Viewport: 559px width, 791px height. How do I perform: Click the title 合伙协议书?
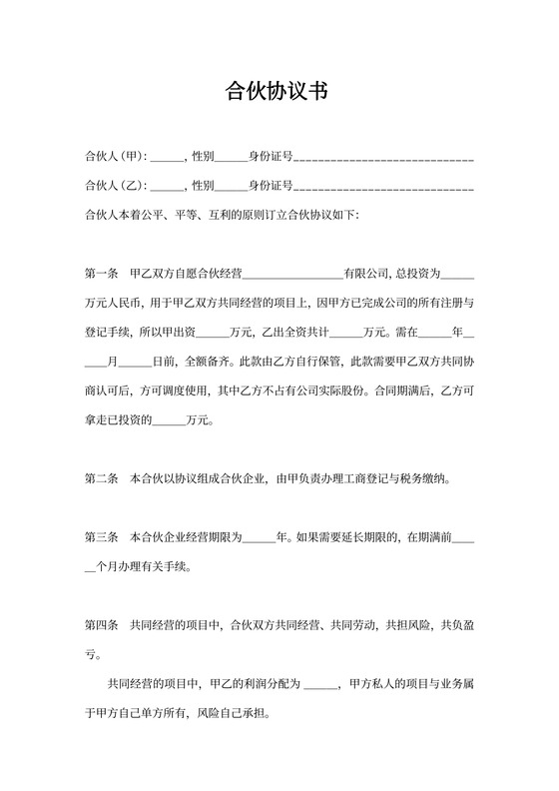click(279, 93)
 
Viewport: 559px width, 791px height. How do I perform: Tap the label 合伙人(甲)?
click(116, 157)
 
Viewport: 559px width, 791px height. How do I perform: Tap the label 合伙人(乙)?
click(116, 186)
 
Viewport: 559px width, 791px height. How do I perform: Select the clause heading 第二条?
click(102, 479)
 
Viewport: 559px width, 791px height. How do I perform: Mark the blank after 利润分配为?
click(320, 687)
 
